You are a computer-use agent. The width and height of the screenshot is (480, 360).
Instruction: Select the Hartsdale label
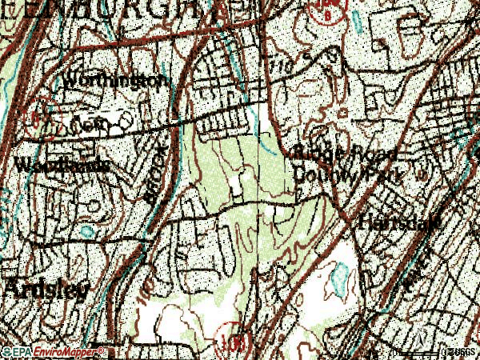click(x=400, y=223)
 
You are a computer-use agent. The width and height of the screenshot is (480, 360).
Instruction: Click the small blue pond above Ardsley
click(x=86, y=232)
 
